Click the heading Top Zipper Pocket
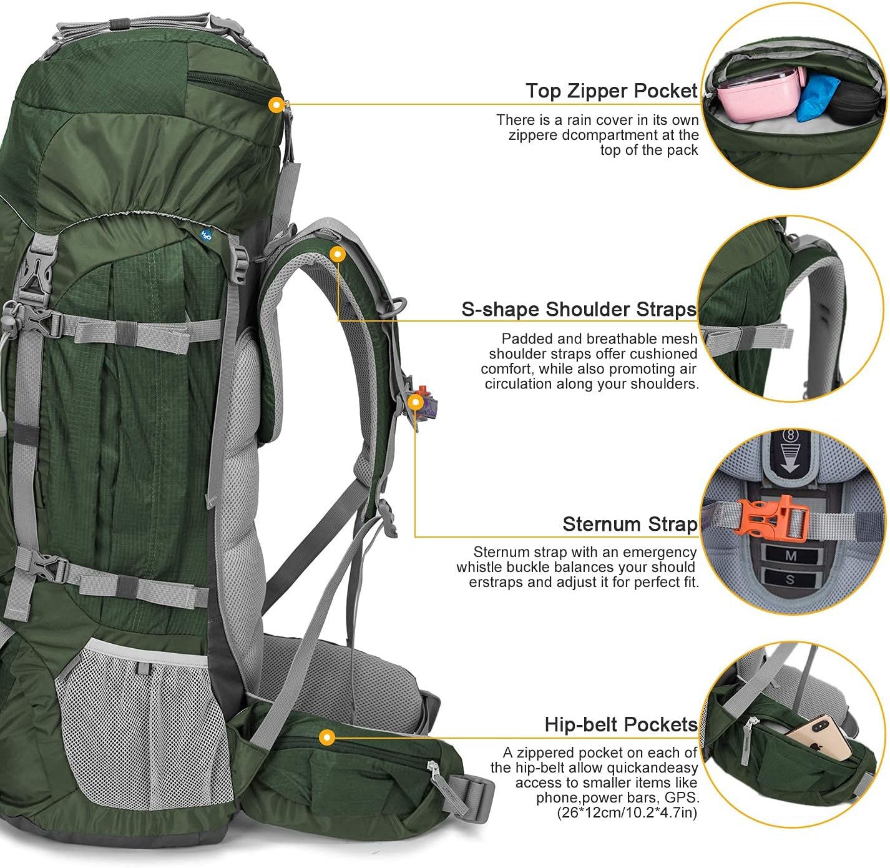(611, 91)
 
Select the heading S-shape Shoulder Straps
(579, 309)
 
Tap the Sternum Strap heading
(630, 524)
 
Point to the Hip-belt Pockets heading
(621, 724)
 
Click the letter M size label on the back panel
(791, 555)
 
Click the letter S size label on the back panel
(790, 579)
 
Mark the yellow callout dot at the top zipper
(276, 105)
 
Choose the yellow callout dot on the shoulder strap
(337, 254)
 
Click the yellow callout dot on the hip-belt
(326, 737)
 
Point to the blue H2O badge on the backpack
(206, 235)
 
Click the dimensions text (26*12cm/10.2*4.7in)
(627, 812)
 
